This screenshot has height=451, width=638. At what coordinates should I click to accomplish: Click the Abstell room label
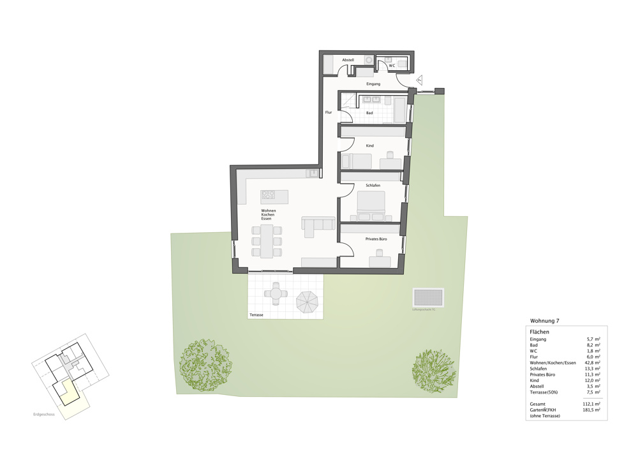(x=348, y=60)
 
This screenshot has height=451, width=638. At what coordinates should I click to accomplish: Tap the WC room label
(x=392, y=65)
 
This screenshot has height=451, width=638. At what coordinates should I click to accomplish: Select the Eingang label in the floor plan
(x=373, y=84)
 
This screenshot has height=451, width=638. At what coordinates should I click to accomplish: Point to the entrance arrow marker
(x=420, y=79)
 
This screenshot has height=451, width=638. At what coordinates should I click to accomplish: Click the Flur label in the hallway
(x=329, y=112)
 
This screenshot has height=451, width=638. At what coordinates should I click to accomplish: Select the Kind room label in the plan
(x=369, y=145)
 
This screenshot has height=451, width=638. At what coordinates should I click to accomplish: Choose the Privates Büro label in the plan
(x=376, y=239)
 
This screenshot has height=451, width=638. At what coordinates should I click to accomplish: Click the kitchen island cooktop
(x=268, y=195)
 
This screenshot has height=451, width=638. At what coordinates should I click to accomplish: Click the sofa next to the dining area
(x=318, y=225)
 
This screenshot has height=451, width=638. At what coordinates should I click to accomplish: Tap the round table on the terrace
(x=276, y=293)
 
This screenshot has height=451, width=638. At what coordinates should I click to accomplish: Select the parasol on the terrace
(x=309, y=301)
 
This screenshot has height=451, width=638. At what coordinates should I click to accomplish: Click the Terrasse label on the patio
(x=256, y=315)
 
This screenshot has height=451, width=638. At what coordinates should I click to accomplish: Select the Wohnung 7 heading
(x=544, y=321)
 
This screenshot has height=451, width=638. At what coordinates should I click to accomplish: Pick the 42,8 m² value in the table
(x=593, y=362)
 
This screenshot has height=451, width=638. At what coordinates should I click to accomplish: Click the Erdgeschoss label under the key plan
(x=44, y=415)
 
